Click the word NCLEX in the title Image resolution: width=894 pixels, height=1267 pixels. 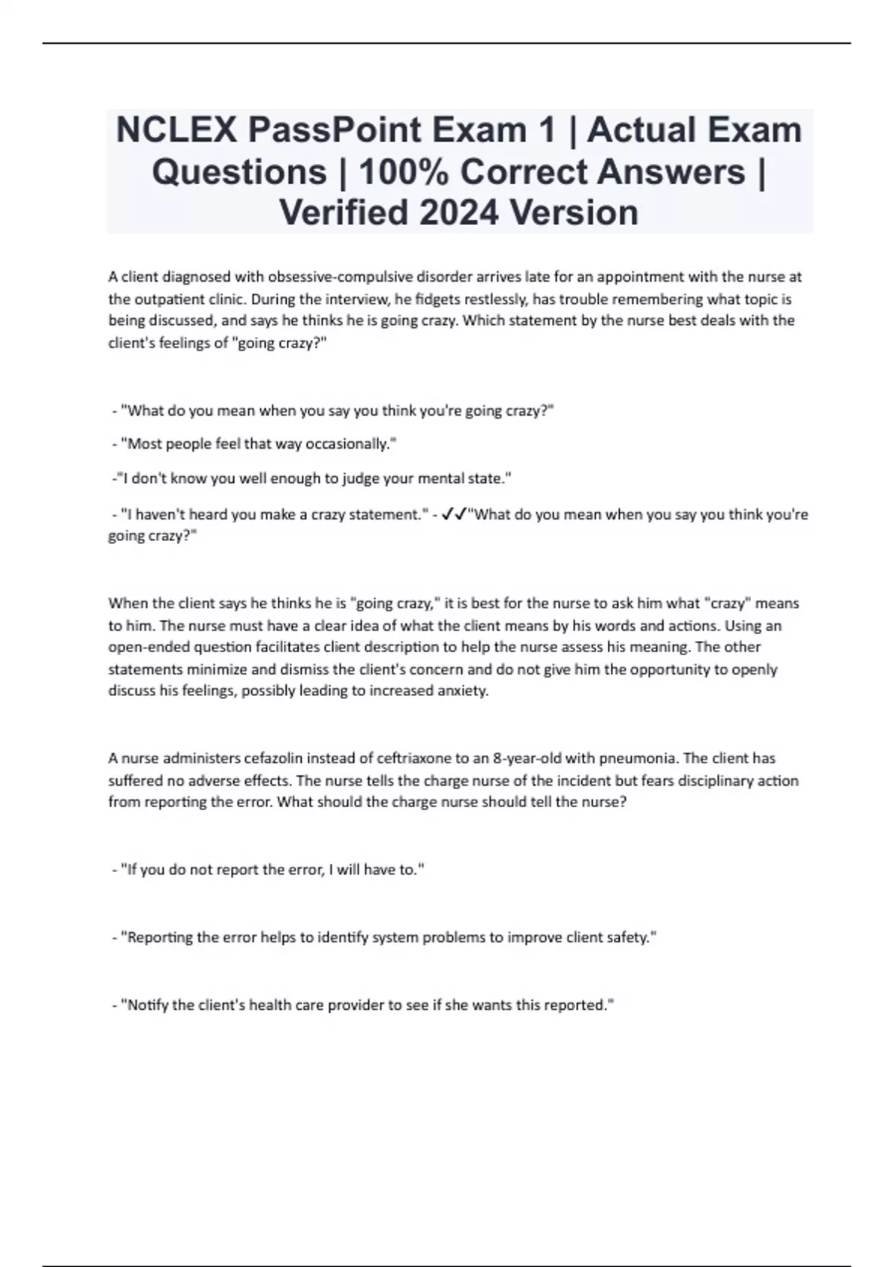tap(176, 130)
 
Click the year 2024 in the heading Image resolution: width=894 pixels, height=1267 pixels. tap(459, 212)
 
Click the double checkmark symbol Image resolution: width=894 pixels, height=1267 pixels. tap(454, 514)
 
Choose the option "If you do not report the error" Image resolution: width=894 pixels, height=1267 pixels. tap(272, 870)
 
